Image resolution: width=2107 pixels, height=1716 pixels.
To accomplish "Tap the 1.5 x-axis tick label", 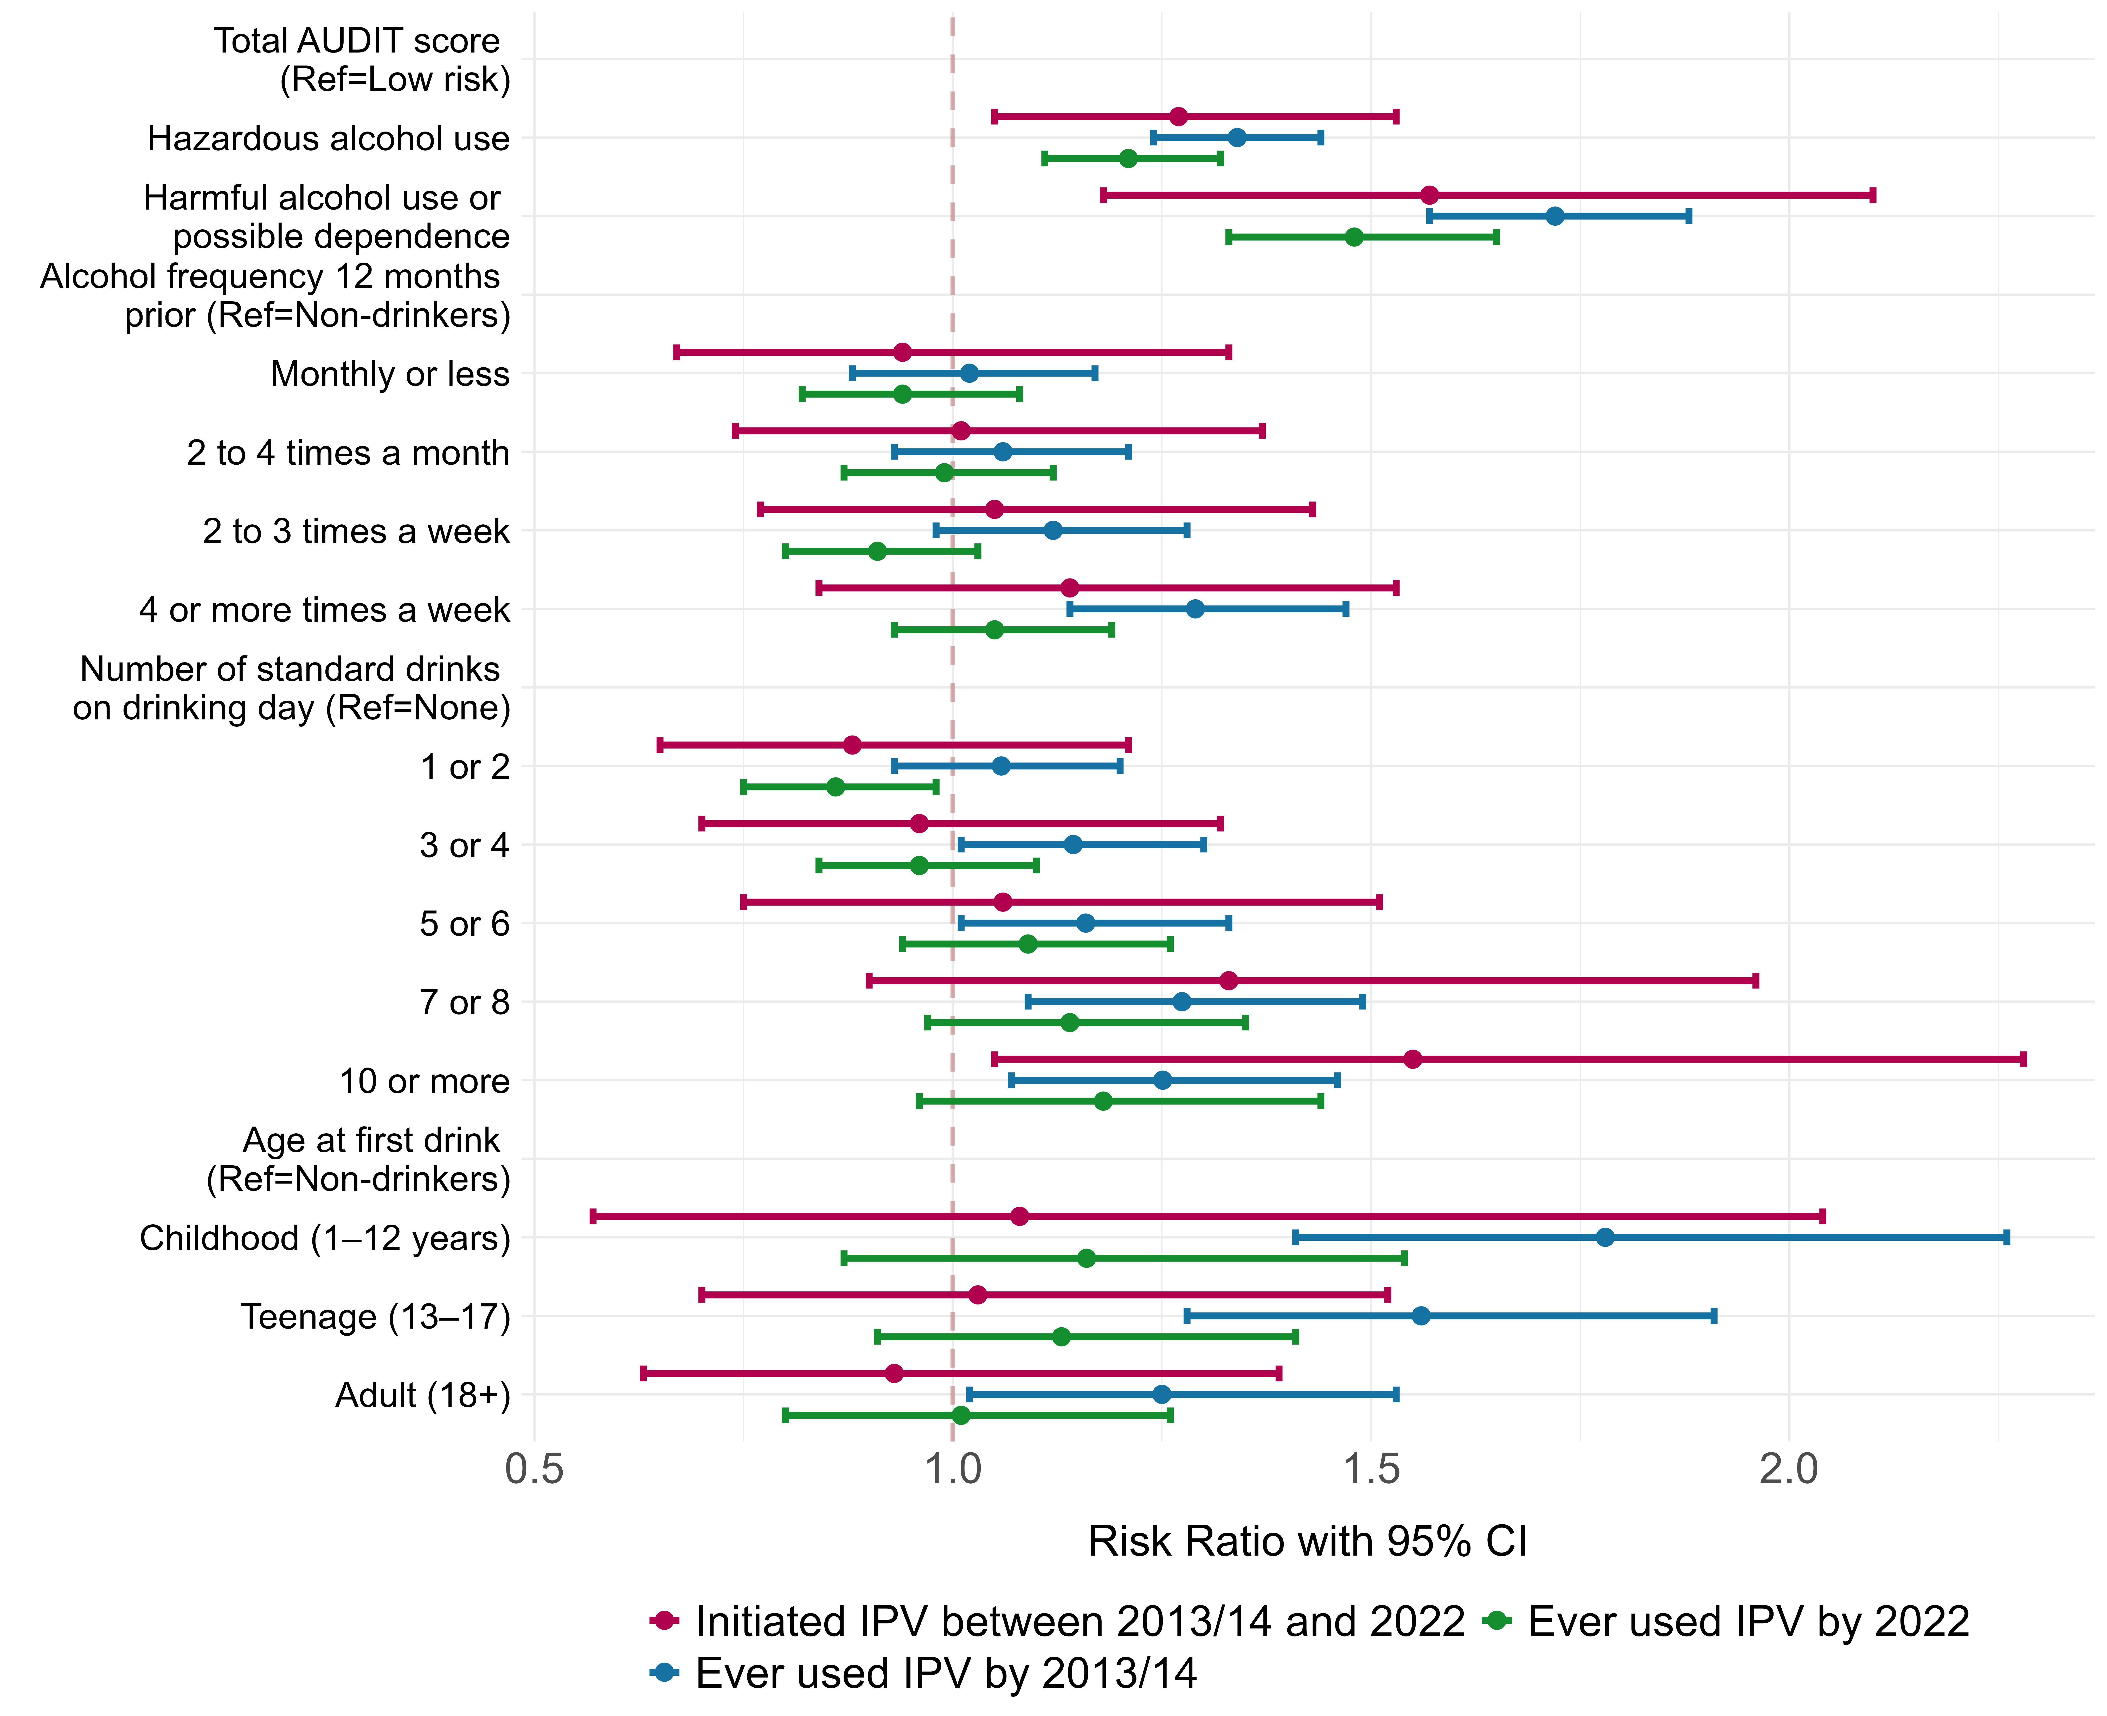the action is (x=1370, y=1470).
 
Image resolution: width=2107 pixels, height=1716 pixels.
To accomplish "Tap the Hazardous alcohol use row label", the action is (x=328, y=138).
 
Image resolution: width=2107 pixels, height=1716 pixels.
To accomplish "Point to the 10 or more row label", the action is (x=424, y=1081).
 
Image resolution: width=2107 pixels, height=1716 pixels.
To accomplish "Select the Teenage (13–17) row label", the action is (x=376, y=1318).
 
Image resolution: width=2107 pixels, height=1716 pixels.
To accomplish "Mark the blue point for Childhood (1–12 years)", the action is (x=1605, y=1238).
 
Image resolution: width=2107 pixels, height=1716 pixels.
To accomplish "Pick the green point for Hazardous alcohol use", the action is (x=1128, y=158).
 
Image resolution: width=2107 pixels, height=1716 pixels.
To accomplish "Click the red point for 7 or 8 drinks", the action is (x=1228, y=980).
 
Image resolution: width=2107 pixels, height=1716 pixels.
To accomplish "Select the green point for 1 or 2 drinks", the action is (x=836, y=787).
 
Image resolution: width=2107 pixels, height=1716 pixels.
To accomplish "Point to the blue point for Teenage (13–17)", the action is (x=1421, y=1316).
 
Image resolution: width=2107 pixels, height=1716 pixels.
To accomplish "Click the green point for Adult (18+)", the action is (x=960, y=1415).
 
